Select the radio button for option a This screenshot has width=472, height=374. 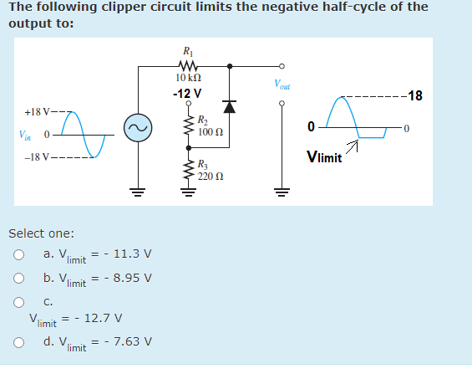pos(18,253)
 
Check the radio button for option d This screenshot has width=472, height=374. pos(18,341)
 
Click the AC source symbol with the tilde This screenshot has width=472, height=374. pos(136,127)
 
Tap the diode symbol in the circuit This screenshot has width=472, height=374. pos(230,107)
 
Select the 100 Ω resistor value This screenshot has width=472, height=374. pos(210,132)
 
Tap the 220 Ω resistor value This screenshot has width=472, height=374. pos(210,177)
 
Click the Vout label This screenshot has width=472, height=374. pos(282,84)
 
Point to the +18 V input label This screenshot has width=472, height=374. pos(39,111)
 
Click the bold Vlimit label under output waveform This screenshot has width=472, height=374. pos(323,156)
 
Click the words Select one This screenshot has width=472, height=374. pos(41,233)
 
